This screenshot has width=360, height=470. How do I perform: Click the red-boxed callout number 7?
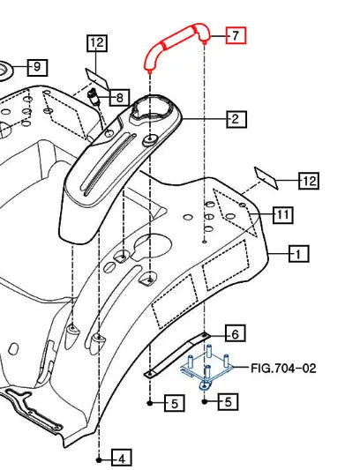tap(236, 35)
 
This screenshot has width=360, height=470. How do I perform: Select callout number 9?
tap(37, 67)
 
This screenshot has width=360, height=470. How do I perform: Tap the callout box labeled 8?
tap(119, 97)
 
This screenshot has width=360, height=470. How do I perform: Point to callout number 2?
tap(234, 118)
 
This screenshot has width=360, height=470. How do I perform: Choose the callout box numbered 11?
tap(282, 214)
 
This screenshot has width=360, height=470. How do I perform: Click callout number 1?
tap(299, 255)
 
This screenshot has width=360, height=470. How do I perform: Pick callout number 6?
tap(234, 333)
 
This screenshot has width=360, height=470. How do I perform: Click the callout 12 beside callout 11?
tap(308, 182)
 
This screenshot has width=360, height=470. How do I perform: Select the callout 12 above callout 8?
tap(97, 42)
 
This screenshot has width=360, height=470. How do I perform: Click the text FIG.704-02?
tap(283, 368)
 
